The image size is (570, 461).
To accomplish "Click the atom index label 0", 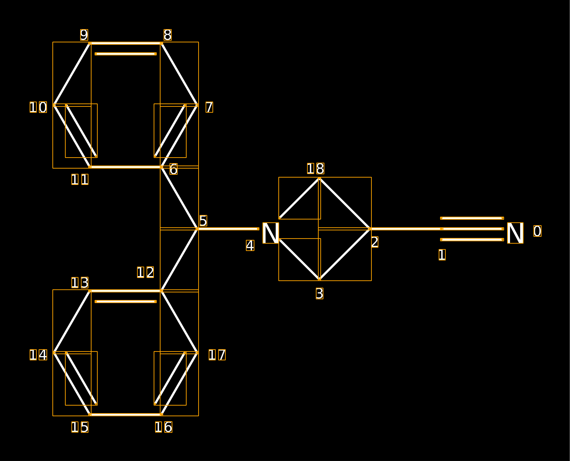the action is [537, 231].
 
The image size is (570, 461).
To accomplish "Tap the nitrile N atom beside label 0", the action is [515, 233].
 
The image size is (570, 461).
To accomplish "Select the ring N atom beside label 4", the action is [271, 233].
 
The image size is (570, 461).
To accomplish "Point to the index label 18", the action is [316, 168].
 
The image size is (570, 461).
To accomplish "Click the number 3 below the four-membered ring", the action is [320, 293].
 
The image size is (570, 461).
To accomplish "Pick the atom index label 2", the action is [375, 242].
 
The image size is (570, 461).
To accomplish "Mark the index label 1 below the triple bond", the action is [442, 255].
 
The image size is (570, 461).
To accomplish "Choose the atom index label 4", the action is [250, 245].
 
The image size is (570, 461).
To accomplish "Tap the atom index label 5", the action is [203, 221].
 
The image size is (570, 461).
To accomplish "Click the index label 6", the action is [173, 169].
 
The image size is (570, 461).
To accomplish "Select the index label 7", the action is [209, 107].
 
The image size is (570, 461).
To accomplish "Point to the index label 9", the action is [84, 35].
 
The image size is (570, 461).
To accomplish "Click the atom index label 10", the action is [38, 107].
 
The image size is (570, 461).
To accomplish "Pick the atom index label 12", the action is [145, 272].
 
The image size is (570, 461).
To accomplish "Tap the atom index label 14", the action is [38, 354].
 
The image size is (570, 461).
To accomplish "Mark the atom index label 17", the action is [217, 354].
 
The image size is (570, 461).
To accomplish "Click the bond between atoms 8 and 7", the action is [179, 74].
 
